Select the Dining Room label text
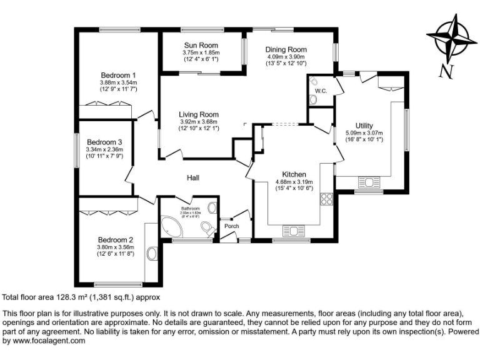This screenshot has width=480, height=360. (x=286, y=49)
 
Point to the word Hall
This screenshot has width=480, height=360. (x=193, y=178)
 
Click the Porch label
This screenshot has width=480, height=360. (x=232, y=226)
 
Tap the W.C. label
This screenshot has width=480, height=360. (x=321, y=91)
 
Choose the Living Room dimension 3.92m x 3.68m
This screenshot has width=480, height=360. (x=199, y=122)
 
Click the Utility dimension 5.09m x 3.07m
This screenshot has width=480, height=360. (x=364, y=133)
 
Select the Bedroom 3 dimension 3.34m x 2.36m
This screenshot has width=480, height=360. (x=104, y=149)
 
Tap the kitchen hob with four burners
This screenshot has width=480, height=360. (x=326, y=199)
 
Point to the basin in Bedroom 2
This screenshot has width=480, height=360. (x=152, y=254)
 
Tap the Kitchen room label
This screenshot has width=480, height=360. (x=294, y=174)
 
